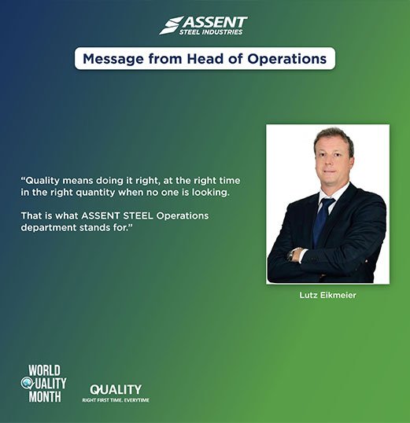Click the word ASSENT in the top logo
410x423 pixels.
point(215,22)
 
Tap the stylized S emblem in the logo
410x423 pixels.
point(171,25)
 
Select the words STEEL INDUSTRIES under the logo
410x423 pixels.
point(211,32)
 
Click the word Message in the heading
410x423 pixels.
point(113,59)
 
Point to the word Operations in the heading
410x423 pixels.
point(286,59)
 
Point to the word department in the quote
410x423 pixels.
point(49,228)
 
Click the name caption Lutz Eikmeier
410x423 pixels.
point(327,295)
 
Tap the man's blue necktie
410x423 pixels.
point(323,221)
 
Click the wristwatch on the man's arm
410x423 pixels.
point(291,254)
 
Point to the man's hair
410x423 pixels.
point(334,138)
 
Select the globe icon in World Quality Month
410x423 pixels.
point(27,383)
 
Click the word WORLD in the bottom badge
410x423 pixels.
point(44,370)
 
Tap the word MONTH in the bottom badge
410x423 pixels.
point(45,396)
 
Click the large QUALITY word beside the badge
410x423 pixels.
point(116,390)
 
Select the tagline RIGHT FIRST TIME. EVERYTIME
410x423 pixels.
point(116,400)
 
